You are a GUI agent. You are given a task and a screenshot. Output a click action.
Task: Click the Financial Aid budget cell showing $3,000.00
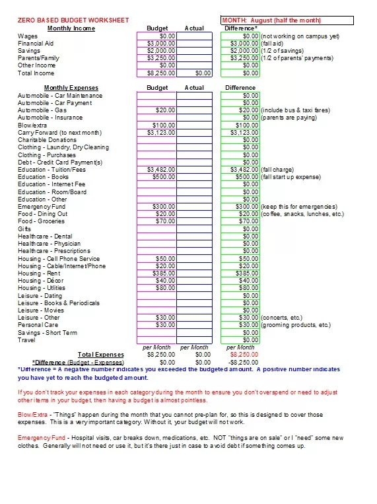[156, 43]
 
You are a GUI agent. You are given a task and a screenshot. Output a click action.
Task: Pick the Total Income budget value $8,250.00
[156, 73]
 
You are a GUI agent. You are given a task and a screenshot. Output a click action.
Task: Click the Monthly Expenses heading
[71, 88]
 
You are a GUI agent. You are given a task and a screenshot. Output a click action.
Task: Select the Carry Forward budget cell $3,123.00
[156, 133]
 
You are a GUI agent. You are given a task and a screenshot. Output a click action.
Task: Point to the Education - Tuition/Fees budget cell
[156, 170]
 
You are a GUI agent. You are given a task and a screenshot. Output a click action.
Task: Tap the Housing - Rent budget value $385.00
[156, 273]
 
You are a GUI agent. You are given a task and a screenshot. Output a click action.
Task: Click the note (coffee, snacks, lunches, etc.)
[302, 214]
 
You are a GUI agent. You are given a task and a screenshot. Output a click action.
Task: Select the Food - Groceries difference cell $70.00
[240, 221]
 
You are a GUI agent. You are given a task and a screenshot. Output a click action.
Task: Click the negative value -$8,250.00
[240, 363]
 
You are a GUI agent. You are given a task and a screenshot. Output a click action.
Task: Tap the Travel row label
[27, 340]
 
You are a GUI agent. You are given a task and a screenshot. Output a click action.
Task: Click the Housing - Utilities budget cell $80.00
[156, 288]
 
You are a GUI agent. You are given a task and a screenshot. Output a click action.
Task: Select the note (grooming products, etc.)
[296, 325]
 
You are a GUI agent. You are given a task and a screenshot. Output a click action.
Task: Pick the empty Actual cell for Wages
[194, 36]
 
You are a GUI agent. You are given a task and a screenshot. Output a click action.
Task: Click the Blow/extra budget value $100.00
[156, 125]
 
